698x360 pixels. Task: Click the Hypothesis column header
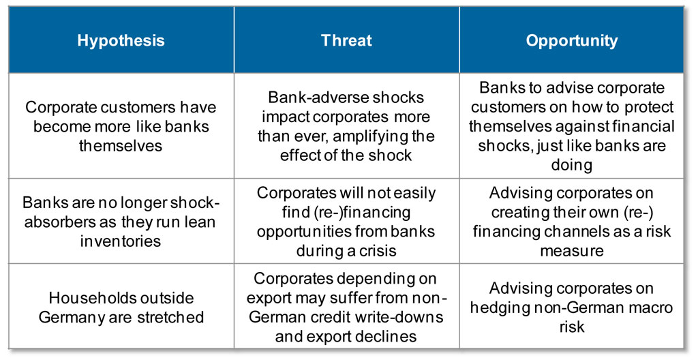pyautogui.click(x=121, y=41)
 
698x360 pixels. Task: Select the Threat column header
pyautogui.click(x=346, y=40)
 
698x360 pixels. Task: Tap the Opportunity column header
pyautogui.click(x=572, y=41)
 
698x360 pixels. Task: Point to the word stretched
pyautogui.click(x=170, y=317)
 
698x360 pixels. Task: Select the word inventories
pyautogui.click(x=121, y=241)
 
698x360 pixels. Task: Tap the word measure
pyautogui.click(x=572, y=251)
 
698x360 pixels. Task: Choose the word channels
pyautogui.click(x=592, y=232)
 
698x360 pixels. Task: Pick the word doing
pyautogui.click(x=572, y=165)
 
